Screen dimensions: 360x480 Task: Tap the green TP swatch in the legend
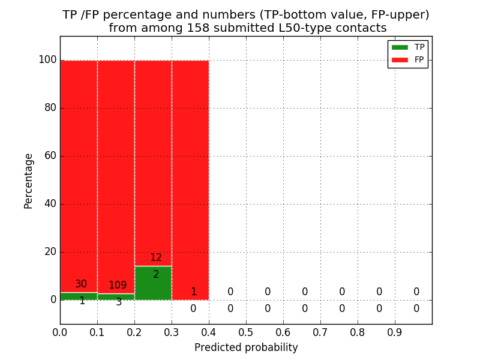(x=399, y=47)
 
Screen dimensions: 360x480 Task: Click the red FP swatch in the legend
(x=399, y=59)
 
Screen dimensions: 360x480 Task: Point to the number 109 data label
(x=118, y=286)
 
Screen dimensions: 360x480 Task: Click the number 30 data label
(x=81, y=284)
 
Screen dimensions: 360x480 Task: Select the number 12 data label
(x=156, y=258)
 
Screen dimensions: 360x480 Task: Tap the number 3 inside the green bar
(x=119, y=302)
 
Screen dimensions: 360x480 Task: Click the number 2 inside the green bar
(x=156, y=275)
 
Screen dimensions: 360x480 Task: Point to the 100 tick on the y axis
(x=47, y=60)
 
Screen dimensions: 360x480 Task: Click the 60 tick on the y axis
(x=50, y=156)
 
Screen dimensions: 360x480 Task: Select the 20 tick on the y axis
(x=50, y=252)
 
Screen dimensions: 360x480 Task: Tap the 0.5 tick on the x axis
(x=246, y=332)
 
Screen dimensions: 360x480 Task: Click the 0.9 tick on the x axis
(x=395, y=332)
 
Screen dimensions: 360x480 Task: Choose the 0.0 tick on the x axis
(x=60, y=332)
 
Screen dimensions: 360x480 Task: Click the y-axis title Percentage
(x=29, y=181)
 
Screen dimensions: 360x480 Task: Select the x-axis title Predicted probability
(x=246, y=347)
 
